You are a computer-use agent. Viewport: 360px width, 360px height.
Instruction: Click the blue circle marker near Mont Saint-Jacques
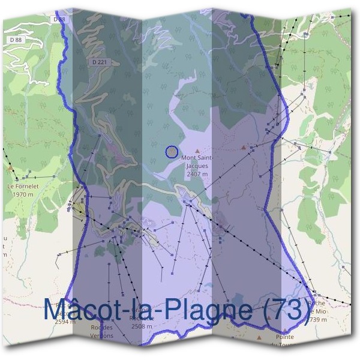[x=172, y=152]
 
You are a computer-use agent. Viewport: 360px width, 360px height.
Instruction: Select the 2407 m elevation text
[x=197, y=174]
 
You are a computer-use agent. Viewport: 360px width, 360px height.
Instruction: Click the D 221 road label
[x=100, y=62]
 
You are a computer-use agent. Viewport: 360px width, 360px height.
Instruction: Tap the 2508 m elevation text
[x=143, y=326]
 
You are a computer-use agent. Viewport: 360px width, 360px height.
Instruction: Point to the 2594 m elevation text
[x=65, y=322]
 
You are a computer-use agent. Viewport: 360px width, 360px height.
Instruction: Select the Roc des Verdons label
[x=101, y=331]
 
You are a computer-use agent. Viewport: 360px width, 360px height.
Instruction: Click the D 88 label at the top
[x=59, y=20]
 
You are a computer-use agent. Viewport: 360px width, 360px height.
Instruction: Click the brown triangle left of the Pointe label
[x=259, y=338]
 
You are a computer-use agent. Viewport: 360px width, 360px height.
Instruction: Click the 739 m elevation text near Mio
[x=319, y=320]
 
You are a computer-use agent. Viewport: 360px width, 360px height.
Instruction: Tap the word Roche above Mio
[x=316, y=304]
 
